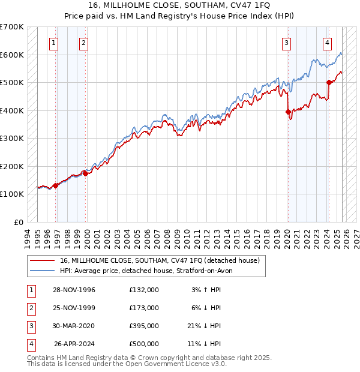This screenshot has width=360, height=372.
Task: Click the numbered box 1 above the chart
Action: [54, 43]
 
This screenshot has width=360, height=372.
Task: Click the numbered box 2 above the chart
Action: [83, 43]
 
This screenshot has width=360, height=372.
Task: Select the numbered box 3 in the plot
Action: [287, 43]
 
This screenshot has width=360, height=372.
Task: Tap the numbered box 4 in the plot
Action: [327, 43]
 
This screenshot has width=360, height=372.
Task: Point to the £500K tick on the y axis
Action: [12, 83]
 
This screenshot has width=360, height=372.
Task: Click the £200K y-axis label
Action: [12, 166]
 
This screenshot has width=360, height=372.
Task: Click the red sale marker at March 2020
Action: [289, 112]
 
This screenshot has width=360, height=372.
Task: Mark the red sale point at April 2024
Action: [329, 83]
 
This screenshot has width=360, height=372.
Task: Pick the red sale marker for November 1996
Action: [56, 185]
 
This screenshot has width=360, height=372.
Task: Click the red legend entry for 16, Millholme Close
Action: [159, 260]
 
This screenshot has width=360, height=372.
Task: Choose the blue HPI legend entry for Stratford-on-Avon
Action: [150, 271]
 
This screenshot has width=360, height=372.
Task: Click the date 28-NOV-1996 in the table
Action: [74, 290]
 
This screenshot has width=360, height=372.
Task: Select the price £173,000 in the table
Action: [143, 308]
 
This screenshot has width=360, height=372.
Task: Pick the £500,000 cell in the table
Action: [143, 344]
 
